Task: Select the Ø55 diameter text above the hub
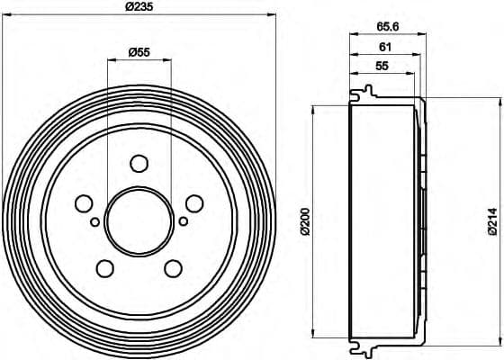click(139, 52)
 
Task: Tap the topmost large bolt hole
click(139, 163)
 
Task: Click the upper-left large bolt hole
click(84, 203)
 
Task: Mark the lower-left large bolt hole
click(104, 267)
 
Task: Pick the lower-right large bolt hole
click(173, 267)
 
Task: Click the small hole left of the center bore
click(94, 220)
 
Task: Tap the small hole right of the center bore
click(183, 220)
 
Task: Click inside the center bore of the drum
click(139, 221)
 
